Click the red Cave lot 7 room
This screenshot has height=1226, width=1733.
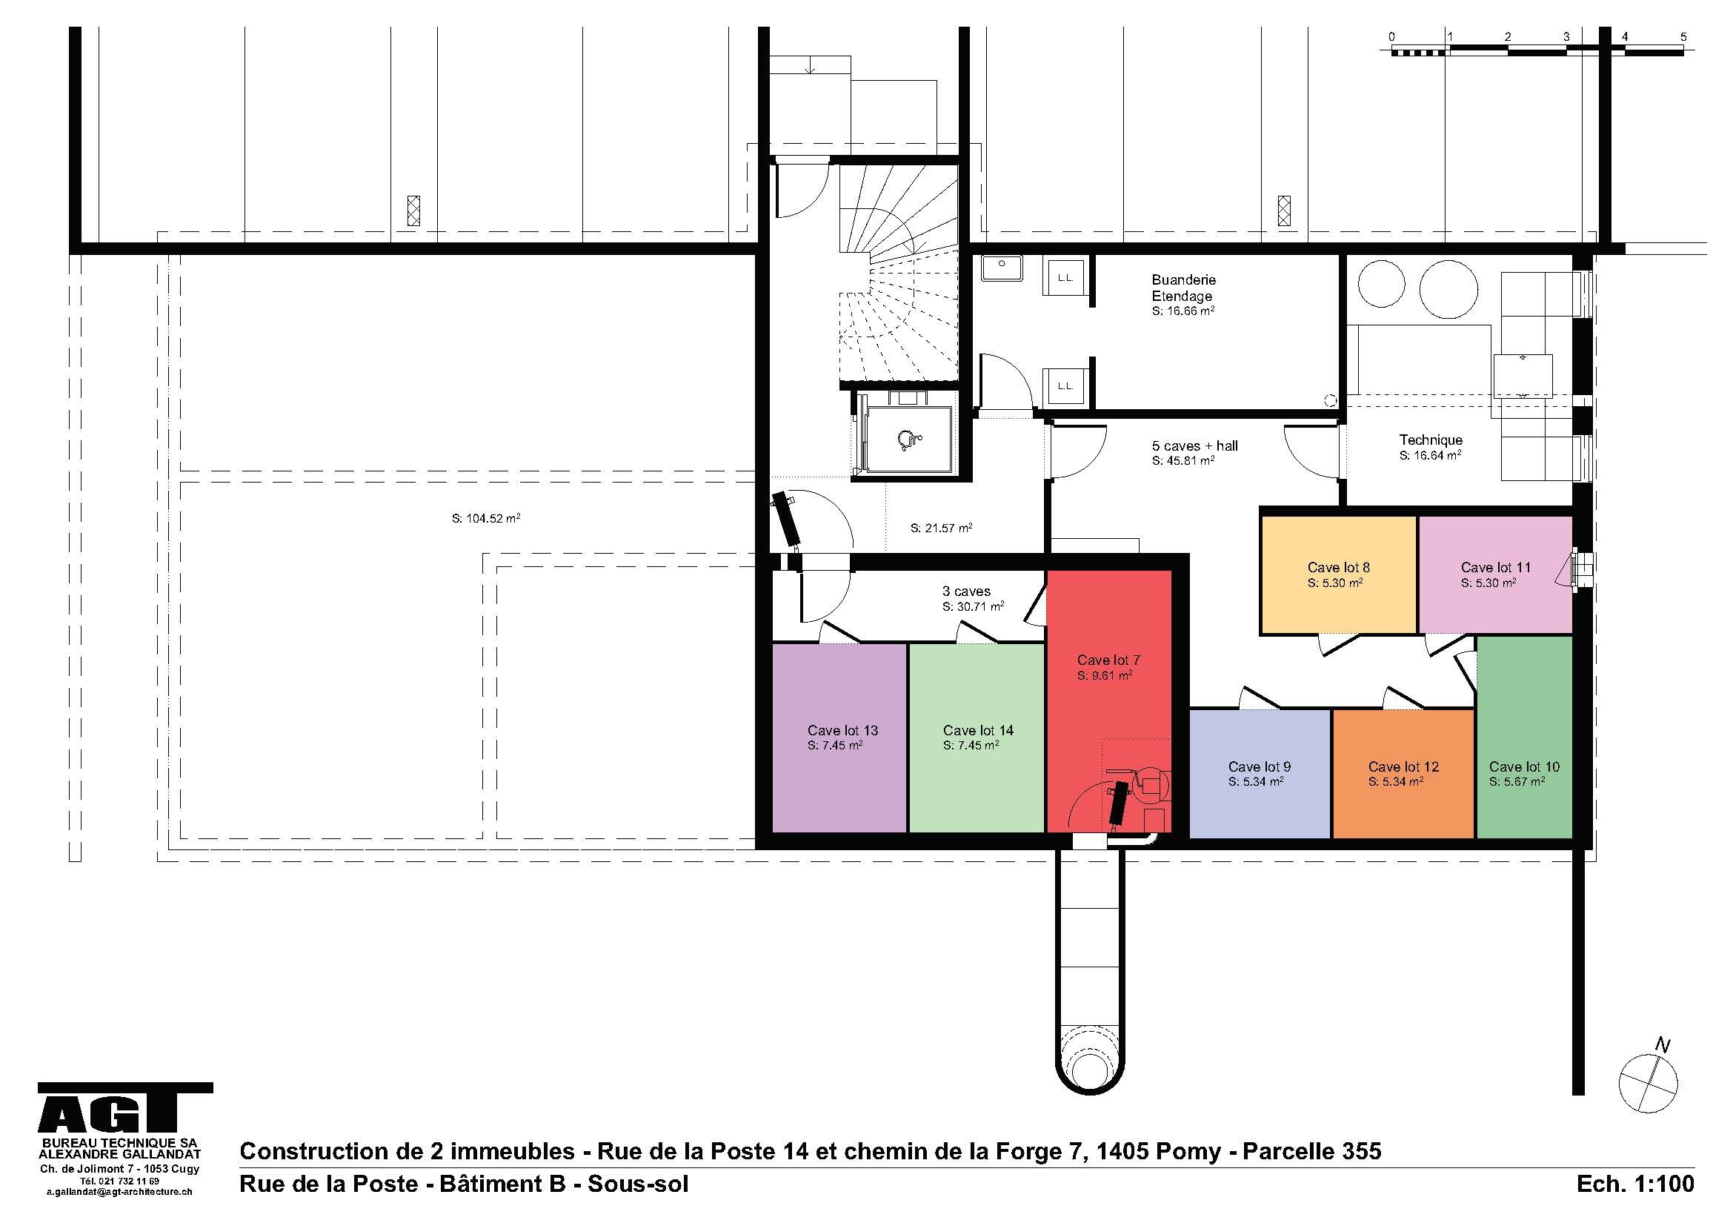(x=1108, y=702)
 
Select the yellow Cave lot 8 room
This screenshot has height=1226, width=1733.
(x=1338, y=574)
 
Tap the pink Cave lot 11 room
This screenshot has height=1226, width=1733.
(x=1495, y=574)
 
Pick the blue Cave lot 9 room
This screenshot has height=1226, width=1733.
(x=1260, y=774)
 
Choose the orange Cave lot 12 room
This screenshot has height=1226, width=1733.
(x=1403, y=774)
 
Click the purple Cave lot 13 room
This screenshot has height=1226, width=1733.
(x=839, y=738)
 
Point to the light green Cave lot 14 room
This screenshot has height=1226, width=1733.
(x=977, y=738)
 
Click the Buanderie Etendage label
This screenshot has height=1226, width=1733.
(x=1183, y=288)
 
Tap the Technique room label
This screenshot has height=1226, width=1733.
(x=1430, y=440)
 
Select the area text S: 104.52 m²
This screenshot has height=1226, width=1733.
(x=486, y=519)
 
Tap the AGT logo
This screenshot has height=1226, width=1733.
(x=125, y=1109)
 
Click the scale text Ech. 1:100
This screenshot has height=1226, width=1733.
(x=1635, y=1183)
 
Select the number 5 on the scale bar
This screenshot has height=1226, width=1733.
(x=1683, y=36)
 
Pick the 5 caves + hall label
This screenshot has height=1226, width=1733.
(x=1195, y=446)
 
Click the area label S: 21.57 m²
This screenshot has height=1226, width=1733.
(x=941, y=528)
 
